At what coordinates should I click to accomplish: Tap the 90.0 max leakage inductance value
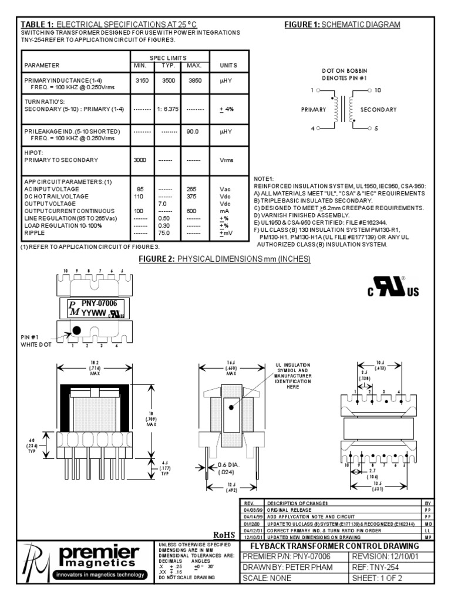click(x=193, y=132)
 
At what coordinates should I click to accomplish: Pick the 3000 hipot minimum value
click(x=139, y=160)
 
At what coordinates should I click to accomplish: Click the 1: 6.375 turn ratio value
click(x=168, y=109)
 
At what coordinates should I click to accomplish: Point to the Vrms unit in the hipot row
click(x=227, y=160)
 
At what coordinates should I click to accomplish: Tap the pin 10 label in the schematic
click(x=378, y=90)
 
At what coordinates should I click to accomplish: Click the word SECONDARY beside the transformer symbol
click(x=378, y=110)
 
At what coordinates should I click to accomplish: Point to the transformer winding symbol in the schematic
click(x=344, y=109)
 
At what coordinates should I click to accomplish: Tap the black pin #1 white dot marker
click(x=76, y=332)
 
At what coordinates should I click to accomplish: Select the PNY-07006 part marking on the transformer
click(x=99, y=303)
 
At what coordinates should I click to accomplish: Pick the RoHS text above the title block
click(x=224, y=535)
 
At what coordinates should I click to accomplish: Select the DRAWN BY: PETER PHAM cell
click(x=287, y=567)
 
